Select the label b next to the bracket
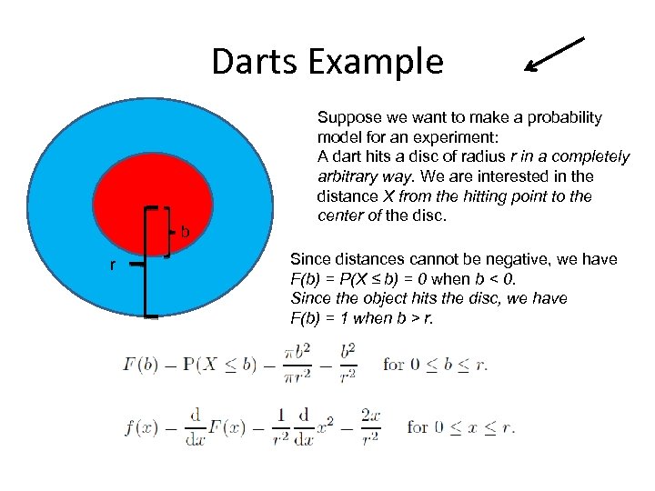coord(185,232)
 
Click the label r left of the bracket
coord(112,266)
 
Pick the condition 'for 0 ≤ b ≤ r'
coord(436,365)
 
